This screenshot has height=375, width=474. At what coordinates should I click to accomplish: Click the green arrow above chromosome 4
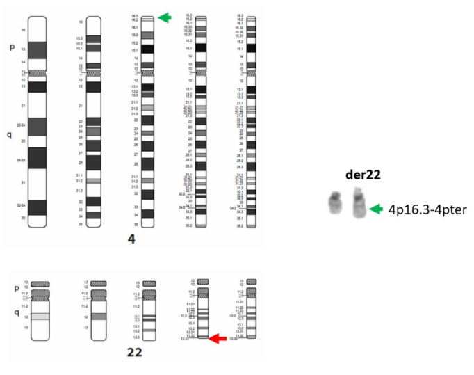pos(164,17)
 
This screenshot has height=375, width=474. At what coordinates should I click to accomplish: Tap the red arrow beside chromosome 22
pos(217,338)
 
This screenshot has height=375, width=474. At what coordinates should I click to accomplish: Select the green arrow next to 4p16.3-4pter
pos(377,208)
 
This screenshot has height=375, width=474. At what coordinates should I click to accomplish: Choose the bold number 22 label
pos(135,351)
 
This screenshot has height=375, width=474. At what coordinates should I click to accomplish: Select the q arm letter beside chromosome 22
pos(10,311)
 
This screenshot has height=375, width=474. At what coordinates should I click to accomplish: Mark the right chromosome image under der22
pos(359,205)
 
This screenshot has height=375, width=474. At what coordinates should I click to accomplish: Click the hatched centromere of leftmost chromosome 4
pos(36,72)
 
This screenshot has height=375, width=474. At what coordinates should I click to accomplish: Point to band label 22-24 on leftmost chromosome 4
pos(21,125)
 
